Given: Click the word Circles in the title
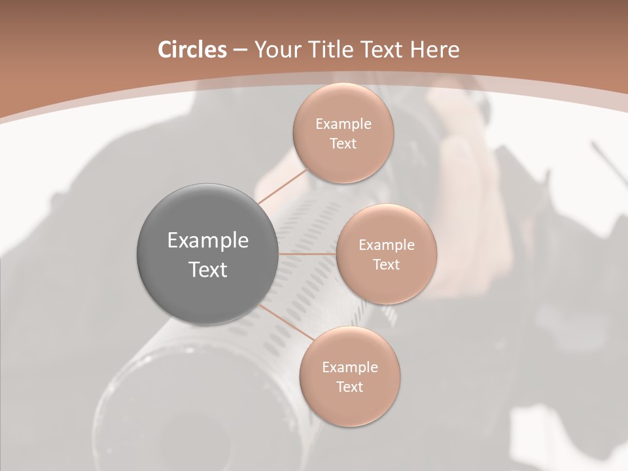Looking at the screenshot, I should (192, 50).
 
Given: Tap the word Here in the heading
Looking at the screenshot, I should (434, 50).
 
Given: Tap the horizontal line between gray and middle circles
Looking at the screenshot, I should (307, 254).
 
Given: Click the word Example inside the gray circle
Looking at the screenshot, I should (208, 241).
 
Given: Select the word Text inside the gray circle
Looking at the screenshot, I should (208, 270).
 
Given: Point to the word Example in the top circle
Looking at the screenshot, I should (343, 124).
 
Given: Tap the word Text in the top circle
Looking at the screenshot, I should (343, 144).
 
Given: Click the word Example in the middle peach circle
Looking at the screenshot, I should (387, 245).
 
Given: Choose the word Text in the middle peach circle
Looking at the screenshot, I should (386, 265).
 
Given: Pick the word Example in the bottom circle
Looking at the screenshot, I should (350, 368).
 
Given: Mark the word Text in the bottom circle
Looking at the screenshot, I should (349, 387).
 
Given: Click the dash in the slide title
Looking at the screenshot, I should (240, 50).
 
